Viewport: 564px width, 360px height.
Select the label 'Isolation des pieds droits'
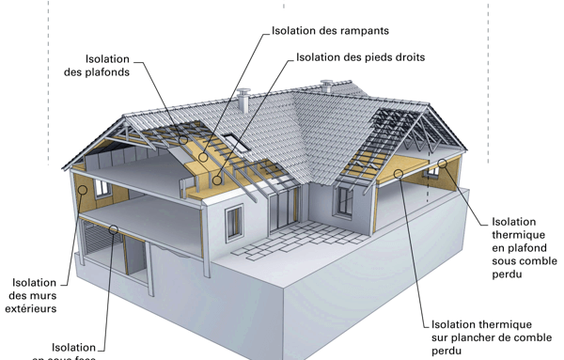pyautogui.click(x=360, y=57)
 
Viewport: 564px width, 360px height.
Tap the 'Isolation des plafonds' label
pyautogui.click(x=97, y=65)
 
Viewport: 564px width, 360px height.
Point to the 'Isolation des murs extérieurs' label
pyautogui.click(x=34, y=295)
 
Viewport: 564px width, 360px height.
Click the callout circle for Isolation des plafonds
pyautogui.click(x=184, y=140)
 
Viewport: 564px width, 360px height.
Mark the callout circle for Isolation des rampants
pyautogui.click(x=204, y=157)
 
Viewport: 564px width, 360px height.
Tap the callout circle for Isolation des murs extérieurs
pyautogui.click(x=84, y=190)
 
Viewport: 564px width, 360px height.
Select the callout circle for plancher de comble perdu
pyautogui.click(x=399, y=173)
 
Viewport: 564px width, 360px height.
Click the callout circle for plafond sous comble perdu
pyautogui.click(x=442, y=164)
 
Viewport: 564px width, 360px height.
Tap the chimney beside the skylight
pyautogui.click(x=243, y=99)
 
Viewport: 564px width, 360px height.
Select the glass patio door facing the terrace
pyautogui.click(x=281, y=213)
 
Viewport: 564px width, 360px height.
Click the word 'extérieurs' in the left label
pyautogui.click(x=34, y=308)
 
